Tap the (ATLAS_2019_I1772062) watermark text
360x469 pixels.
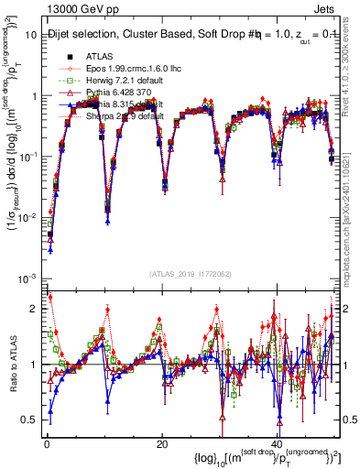[x=190, y=274]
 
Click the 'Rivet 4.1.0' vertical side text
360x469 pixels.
[x=351, y=82]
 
